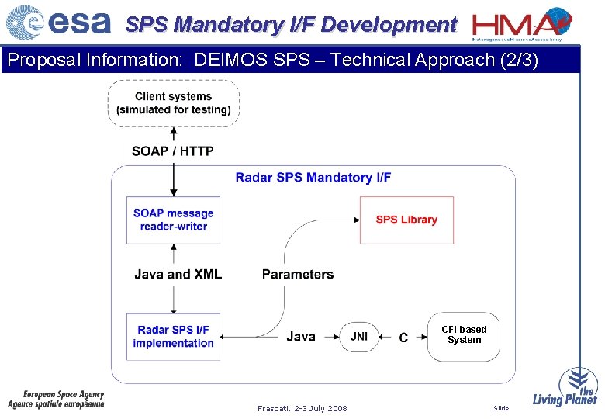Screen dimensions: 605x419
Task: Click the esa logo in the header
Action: tap(59, 23)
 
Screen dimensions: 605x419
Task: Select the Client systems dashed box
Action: tap(174, 103)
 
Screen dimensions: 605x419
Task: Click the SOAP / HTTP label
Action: tap(173, 151)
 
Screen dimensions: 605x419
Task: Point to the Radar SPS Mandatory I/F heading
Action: tap(313, 178)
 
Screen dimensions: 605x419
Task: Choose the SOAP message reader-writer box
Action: tap(174, 220)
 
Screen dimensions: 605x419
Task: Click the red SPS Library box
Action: tap(406, 220)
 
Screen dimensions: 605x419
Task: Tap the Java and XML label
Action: tap(178, 274)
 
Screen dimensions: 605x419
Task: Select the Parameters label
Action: tap(298, 274)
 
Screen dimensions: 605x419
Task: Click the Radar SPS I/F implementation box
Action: tap(174, 337)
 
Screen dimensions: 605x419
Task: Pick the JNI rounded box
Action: tap(359, 336)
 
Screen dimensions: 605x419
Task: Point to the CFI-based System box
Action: tap(464, 335)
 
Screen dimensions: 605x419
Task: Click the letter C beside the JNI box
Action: tap(403, 338)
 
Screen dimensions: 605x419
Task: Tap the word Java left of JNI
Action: tap(301, 336)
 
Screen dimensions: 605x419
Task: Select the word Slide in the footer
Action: tap(501, 408)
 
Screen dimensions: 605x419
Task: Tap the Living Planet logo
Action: tap(565, 388)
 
